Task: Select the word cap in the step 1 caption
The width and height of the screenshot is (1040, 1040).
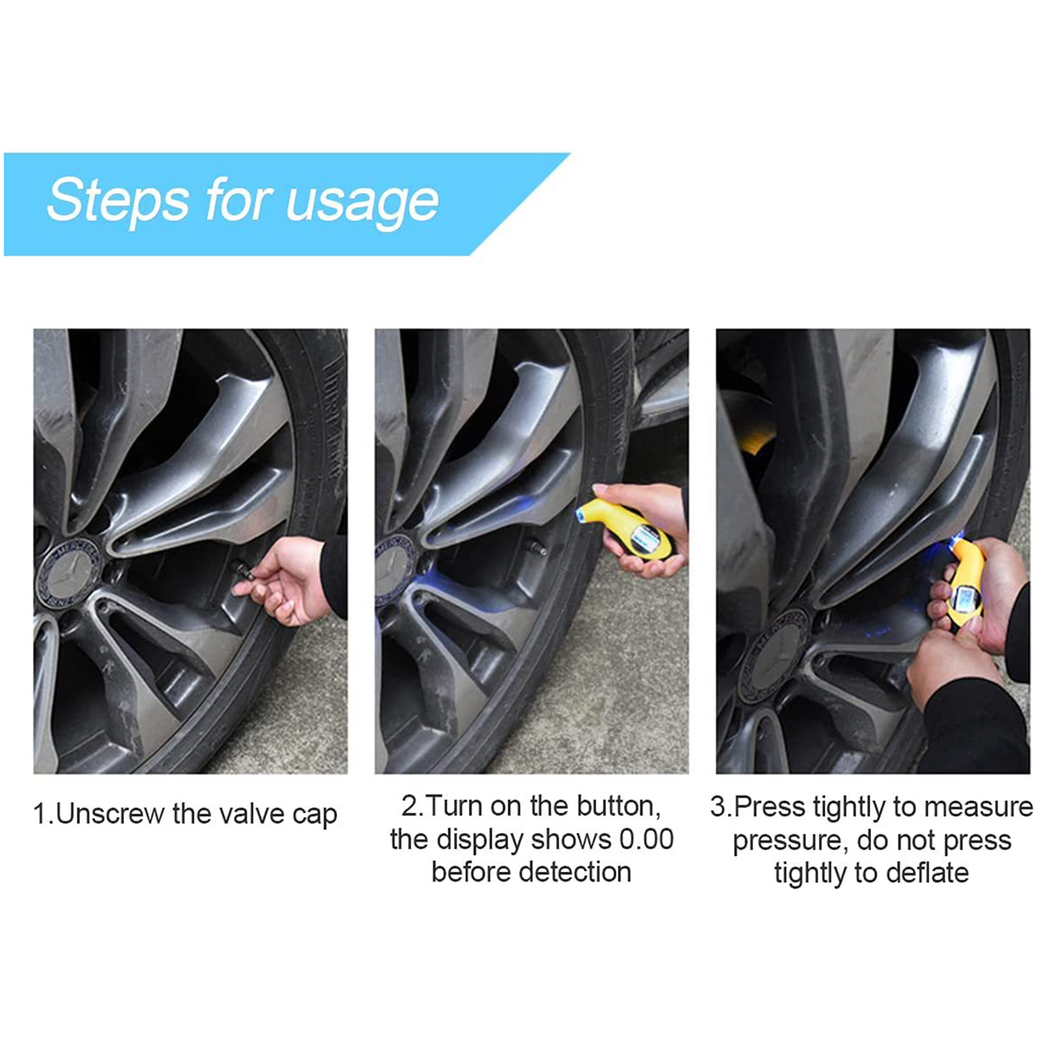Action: point(315,817)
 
